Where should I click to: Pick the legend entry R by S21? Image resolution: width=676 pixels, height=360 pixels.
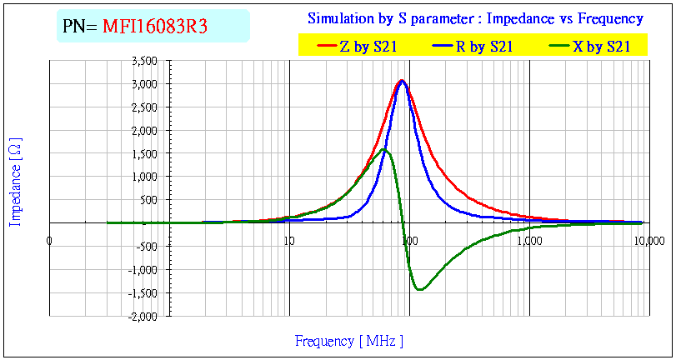point(483,47)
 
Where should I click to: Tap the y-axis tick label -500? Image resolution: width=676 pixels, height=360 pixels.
point(147,247)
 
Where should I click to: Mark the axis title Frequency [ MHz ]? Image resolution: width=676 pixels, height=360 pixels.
point(348,341)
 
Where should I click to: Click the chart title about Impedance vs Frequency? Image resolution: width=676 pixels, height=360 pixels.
point(475,18)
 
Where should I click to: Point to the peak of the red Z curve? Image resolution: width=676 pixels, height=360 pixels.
point(402,80)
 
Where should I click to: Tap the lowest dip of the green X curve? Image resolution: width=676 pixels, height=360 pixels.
point(419,289)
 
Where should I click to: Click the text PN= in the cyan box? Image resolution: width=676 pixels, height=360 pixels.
point(81,27)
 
